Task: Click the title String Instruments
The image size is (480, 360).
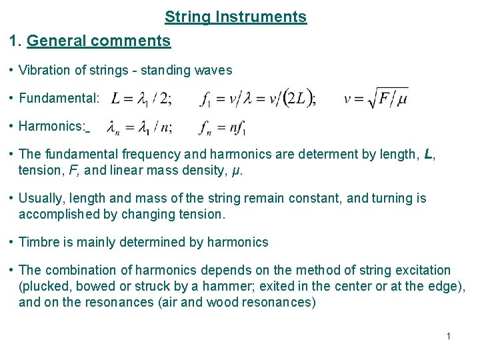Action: pyautogui.click(x=235, y=17)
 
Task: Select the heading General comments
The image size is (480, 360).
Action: pyautogui.click(x=99, y=41)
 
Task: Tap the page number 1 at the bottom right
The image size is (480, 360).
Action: pyautogui.click(x=449, y=336)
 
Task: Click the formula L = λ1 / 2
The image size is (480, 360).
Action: pyautogui.click(x=141, y=99)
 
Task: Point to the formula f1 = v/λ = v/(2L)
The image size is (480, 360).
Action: pyautogui.click(x=258, y=99)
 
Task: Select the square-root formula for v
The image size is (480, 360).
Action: pyautogui.click(x=375, y=99)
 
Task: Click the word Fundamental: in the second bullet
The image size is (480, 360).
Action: pyautogui.click(x=59, y=99)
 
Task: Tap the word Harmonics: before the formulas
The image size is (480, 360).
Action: pyautogui.click(x=52, y=126)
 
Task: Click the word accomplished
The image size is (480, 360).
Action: pyautogui.click(x=56, y=214)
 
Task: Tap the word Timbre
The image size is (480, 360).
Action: pyautogui.click(x=39, y=242)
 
